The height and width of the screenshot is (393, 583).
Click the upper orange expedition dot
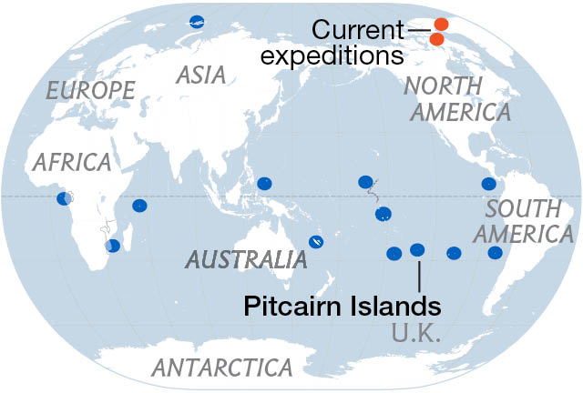441,25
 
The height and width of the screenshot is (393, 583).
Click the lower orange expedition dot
436,39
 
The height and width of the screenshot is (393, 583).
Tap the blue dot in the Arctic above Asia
196,22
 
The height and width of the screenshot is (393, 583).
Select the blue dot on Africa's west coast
64,198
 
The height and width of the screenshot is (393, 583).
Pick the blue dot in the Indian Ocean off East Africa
139,206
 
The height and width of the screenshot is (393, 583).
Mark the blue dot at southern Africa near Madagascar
112,246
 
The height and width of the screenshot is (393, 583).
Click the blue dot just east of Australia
315,241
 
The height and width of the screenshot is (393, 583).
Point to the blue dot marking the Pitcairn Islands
417,249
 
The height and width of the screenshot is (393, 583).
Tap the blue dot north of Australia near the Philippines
264,183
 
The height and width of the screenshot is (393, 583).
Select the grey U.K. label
416,333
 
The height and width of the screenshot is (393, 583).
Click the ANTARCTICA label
222,368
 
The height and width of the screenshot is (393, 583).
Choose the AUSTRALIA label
246,260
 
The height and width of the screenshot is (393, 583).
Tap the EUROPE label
90,89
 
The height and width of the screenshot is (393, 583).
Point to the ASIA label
201,75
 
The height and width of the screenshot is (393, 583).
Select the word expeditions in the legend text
332,55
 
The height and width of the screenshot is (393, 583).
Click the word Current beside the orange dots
358,30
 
